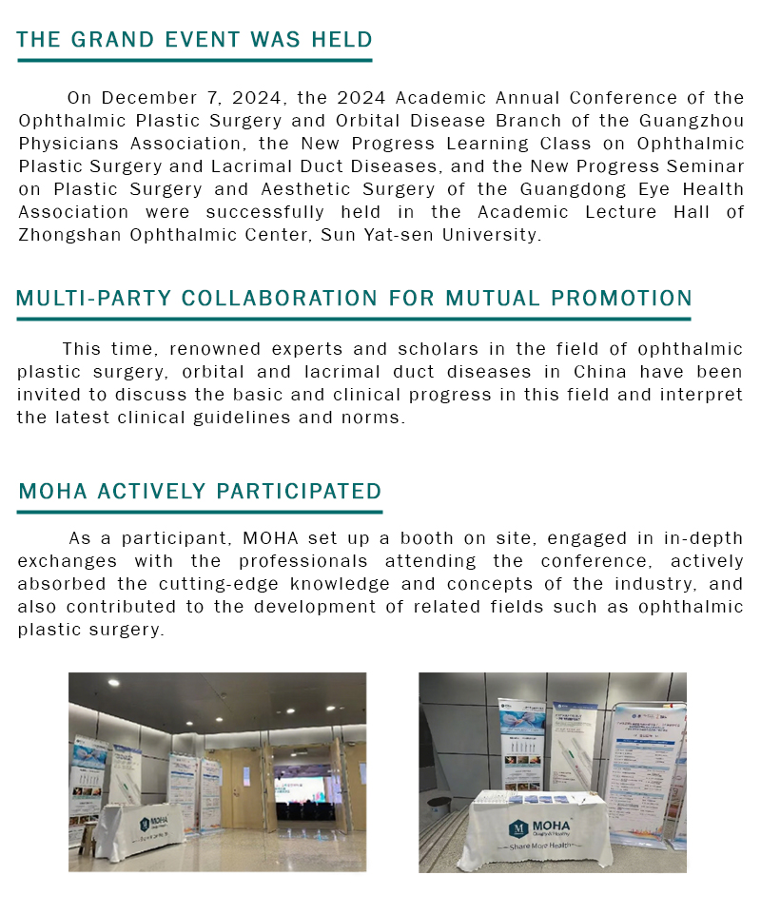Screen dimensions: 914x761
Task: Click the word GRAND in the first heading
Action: (107, 39)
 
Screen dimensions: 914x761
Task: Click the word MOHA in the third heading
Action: (52, 491)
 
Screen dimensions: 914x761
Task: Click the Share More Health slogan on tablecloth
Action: (544, 846)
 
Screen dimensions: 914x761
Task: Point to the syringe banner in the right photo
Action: (575, 751)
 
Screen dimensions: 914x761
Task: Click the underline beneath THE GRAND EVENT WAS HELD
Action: (194, 61)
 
